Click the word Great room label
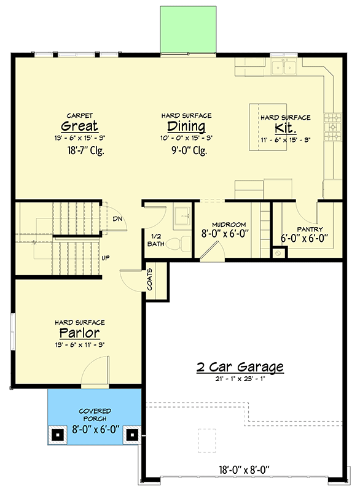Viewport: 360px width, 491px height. tap(80, 126)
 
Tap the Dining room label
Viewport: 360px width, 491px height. tap(186, 126)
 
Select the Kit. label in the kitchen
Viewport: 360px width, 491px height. tap(286, 128)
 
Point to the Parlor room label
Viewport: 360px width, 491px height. tap(80, 333)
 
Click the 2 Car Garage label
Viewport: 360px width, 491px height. tap(240, 367)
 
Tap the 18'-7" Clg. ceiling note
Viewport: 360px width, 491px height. tap(86, 151)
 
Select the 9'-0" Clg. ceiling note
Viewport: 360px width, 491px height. tap(189, 151)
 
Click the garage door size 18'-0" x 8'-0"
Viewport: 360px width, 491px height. tap(244, 470)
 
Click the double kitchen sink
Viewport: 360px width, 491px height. tap(284, 66)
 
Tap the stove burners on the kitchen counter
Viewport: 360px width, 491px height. tap(332, 127)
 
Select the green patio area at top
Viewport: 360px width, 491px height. tap(189, 29)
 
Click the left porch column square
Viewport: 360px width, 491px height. tap(57, 435)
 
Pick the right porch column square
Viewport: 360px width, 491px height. tap(132, 435)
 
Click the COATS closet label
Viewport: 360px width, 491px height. tap(149, 279)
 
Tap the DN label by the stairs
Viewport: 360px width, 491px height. tap(117, 219)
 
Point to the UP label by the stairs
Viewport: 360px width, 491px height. tap(106, 258)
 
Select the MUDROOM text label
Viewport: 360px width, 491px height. tap(229, 225)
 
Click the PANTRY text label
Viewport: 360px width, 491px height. tap(310, 229)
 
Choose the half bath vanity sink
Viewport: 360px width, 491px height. tap(182, 216)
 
